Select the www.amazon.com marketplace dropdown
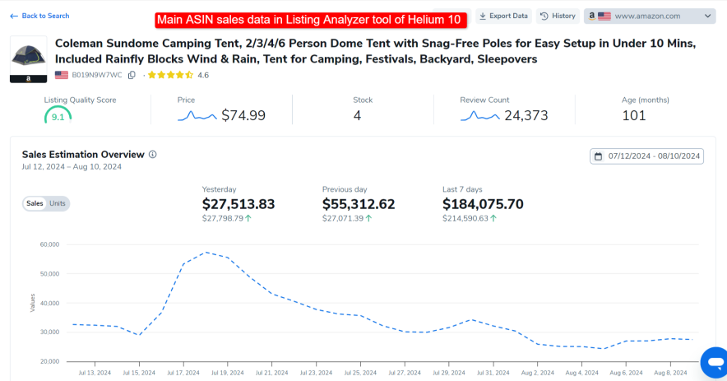click(x=650, y=16)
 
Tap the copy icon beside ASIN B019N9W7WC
click(x=132, y=75)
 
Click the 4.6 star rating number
click(x=203, y=75)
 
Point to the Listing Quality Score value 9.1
click(x=58, y=117)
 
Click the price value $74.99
click(x=243, y=116)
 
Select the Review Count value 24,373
click(x=526, y=116)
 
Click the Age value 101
click(x=634, y=116)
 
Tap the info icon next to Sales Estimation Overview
click(x=153, y=154)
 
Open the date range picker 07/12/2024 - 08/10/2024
click(x=646, y=156)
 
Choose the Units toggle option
click(x=58, y=203)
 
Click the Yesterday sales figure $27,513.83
click(x=238, y=204)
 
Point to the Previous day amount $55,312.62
click(x=359, y=204)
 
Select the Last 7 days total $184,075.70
click(x=483, y=204)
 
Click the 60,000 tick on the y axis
click(x=49, y=244)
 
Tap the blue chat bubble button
click(x=712, y=361)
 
